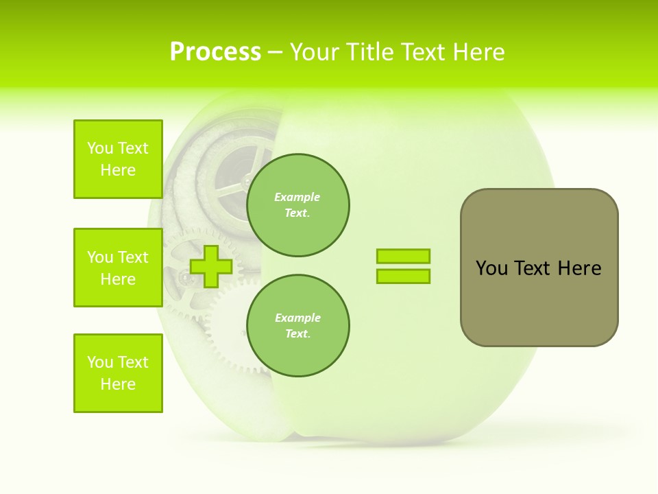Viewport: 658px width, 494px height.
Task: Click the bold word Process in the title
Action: [x=215, y=52]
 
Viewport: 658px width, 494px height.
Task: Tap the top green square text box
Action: [x=118, y=159]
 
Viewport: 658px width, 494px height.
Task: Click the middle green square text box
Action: [x=118, y=268]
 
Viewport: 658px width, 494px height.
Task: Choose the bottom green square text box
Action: [x=118, y=373]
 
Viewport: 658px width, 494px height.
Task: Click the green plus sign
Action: [x=211, y=266]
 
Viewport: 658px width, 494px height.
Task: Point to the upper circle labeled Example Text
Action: [x=297, y=205]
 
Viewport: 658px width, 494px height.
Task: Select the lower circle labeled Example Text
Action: [x=297, y=326]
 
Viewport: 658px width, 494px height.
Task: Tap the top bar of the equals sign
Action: [x=403, y=256]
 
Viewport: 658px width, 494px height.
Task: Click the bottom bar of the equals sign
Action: [x=403, y=276]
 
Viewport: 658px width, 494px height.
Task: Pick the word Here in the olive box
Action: [x=579, y=268]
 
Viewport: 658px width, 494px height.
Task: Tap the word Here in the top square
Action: [x=118, y=170]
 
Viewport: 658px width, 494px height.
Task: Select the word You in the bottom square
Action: [x=100, y=362]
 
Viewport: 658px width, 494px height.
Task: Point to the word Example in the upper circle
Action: [x=297, y=197]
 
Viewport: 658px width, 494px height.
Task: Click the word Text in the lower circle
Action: [x=297, y=334]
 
